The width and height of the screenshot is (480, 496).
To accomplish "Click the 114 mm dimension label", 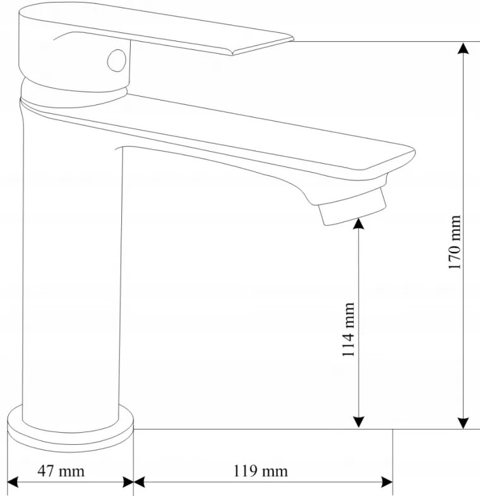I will tap(348, 330).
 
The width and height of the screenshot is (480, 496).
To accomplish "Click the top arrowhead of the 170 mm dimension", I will tap(464, 48).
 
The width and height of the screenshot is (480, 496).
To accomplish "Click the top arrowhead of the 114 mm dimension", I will tap(358, 223).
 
